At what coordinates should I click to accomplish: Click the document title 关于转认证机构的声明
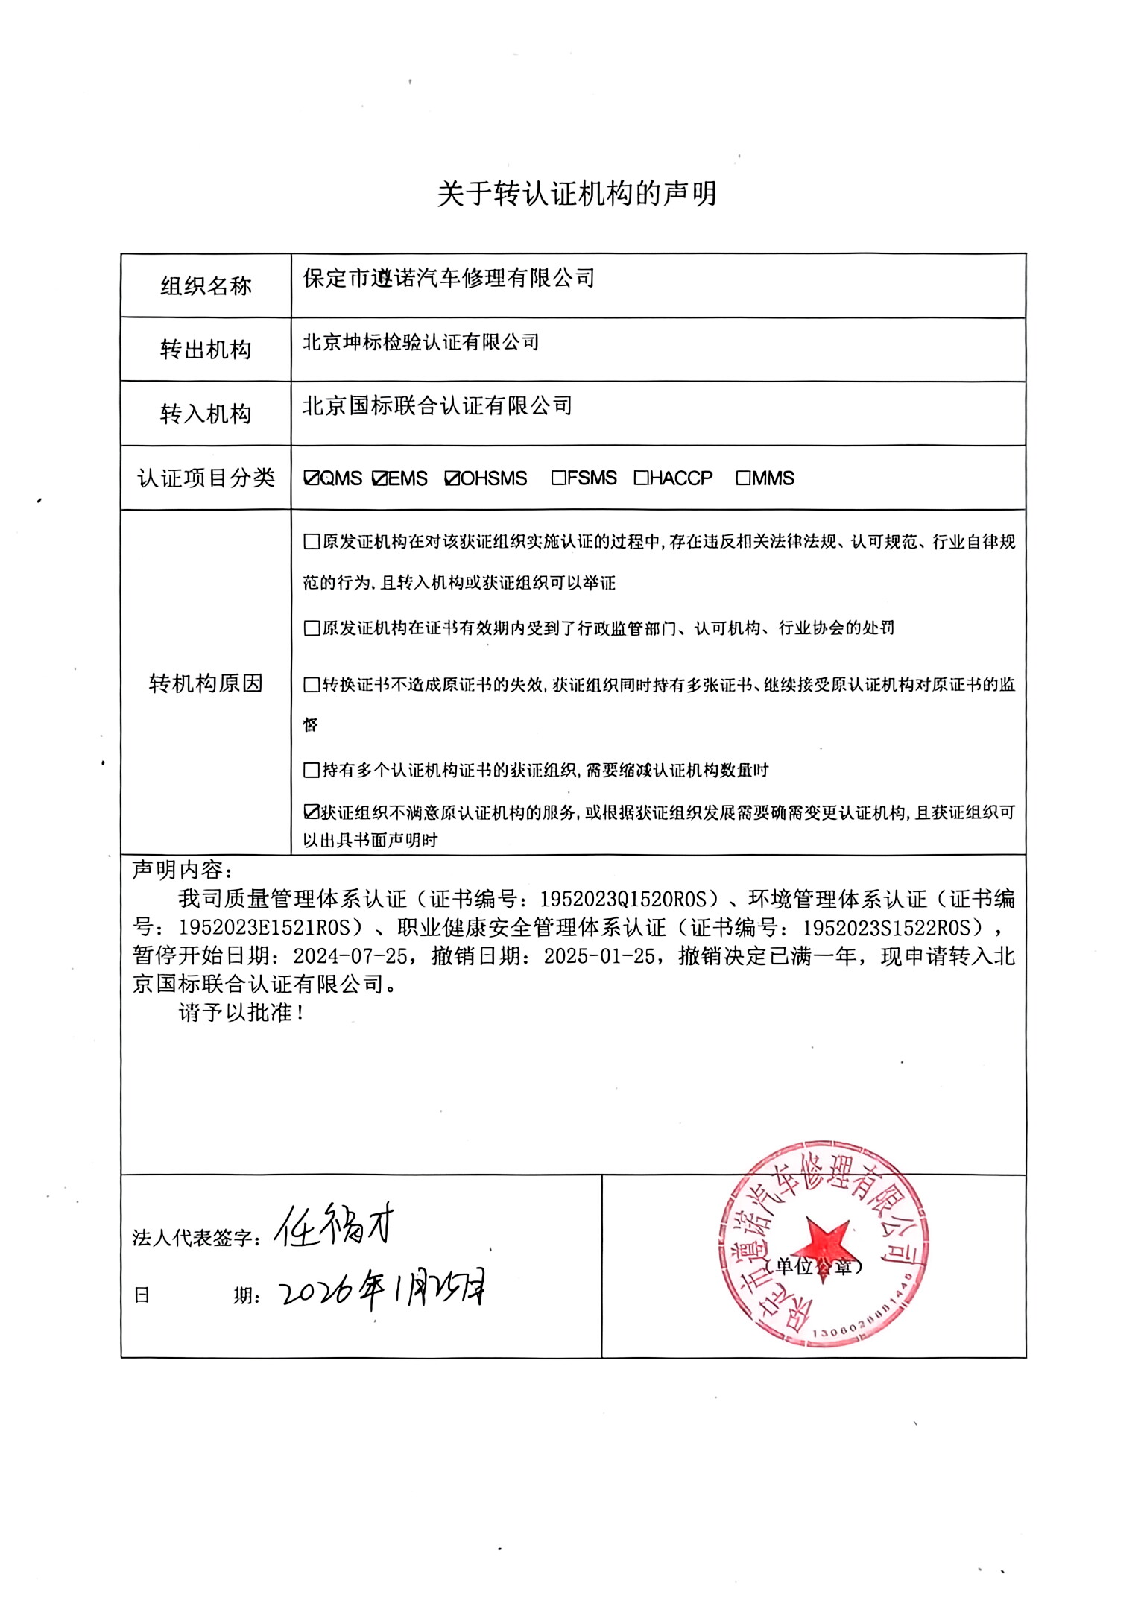pos(576,194)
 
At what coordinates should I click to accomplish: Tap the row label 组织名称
pos(206,286)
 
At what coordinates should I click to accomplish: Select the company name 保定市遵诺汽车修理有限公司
pos(449,279)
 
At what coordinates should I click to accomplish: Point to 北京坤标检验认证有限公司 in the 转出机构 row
pos(420,343)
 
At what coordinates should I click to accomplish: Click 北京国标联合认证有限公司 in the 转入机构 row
pos(437,406)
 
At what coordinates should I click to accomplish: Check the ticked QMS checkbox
pos(312,478)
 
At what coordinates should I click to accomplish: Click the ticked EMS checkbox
pos(380,478)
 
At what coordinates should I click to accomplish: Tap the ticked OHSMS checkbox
pos(452,478)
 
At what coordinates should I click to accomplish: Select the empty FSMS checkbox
pos(559,478)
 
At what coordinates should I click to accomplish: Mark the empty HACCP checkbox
pos(641,478)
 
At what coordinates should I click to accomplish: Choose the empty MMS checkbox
pos(743,478)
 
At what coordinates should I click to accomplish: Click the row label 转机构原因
pos(206,683)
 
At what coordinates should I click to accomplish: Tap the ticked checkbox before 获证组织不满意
pos(312,812)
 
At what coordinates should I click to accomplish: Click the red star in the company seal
pos(821,1244)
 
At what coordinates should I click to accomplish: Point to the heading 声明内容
pos(182,870)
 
